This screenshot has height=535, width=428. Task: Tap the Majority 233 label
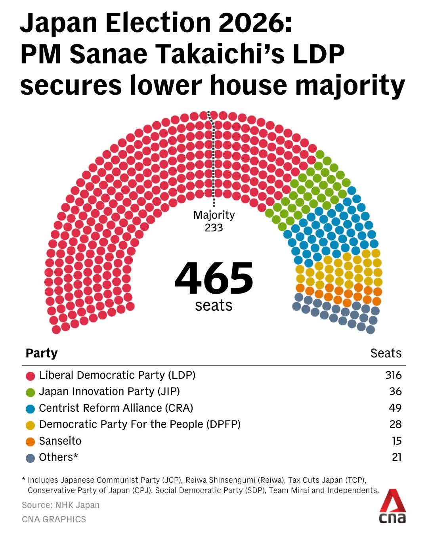pyautogui.click(x=214, y=221)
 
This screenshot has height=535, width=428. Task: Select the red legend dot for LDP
pyautogui.click(x=31, y=376)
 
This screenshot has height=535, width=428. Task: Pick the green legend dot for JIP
pyautogui.click(x=31, y=392)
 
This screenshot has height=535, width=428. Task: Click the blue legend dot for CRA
pyautogui.click(x=31, y=409)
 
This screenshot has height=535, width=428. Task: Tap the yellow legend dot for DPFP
pyautogui.click(x=31, y=425)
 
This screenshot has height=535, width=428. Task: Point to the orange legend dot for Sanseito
pyautogui.click(x=31, y=441)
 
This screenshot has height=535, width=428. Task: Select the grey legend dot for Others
pyautogui.click(x=31, y=458)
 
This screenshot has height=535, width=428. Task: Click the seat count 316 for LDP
pyautogui.click(x=393, y=375)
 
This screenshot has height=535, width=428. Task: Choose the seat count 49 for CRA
pyautogui.click(x=395, y=408)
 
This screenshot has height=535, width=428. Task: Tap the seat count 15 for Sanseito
pyautogui.click(x=396, y=441)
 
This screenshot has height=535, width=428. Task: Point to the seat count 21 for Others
pyautogui.click(x=396, y=457)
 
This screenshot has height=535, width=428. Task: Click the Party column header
pyautogui.click(x=41, y=353)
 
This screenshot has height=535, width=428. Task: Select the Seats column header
pyautogui.click(x=386, y=353)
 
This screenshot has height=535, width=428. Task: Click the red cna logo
pyautogui.click(x=393, y=506)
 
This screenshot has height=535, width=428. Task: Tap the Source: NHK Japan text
pyautogui.click(x=61, y=505)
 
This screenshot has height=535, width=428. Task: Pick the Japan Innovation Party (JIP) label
pyautogui.click(x=109, y=392)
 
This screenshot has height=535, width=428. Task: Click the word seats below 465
pyautogui.click(x=214, y=305)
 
